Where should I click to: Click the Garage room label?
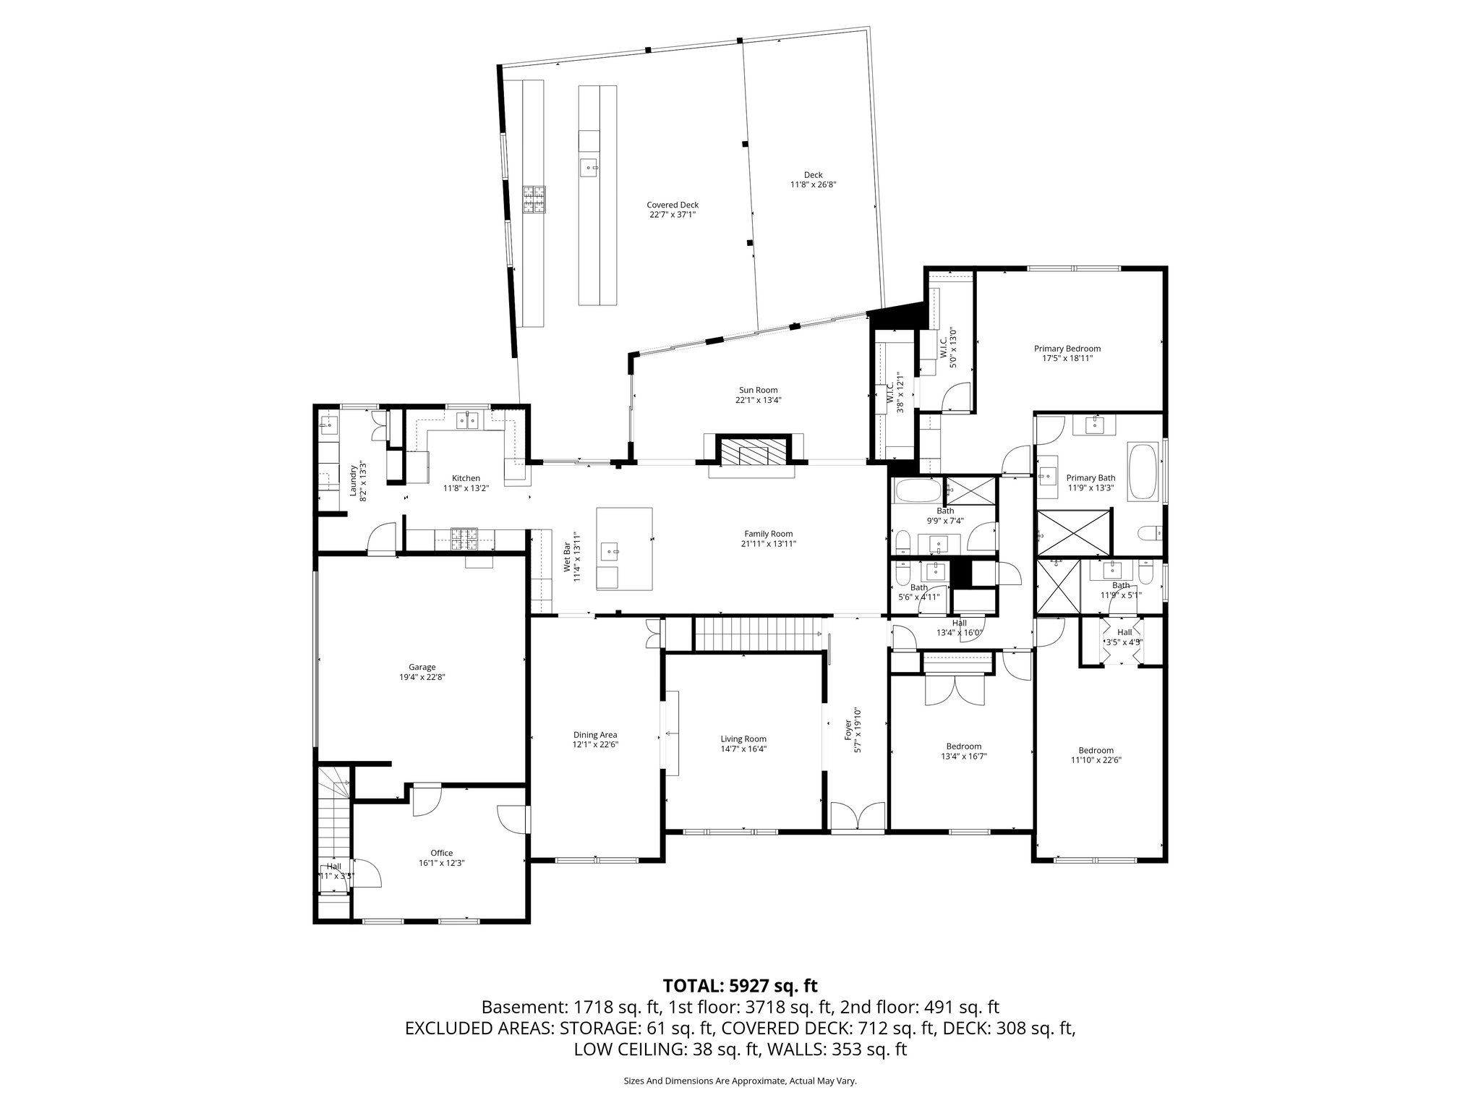422,667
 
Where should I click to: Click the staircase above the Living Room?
758,633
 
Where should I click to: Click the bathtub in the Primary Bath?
1143,471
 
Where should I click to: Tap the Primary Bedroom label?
1067,348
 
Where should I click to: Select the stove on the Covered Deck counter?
534,200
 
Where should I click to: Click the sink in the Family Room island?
613,551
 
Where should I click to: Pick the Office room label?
441,853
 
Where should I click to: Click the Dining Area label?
595,735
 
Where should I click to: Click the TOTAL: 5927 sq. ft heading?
740,985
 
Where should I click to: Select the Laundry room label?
354,480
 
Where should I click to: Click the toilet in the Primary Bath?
1148,534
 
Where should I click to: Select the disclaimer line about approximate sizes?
740,1081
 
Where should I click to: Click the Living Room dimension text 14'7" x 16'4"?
743,749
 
